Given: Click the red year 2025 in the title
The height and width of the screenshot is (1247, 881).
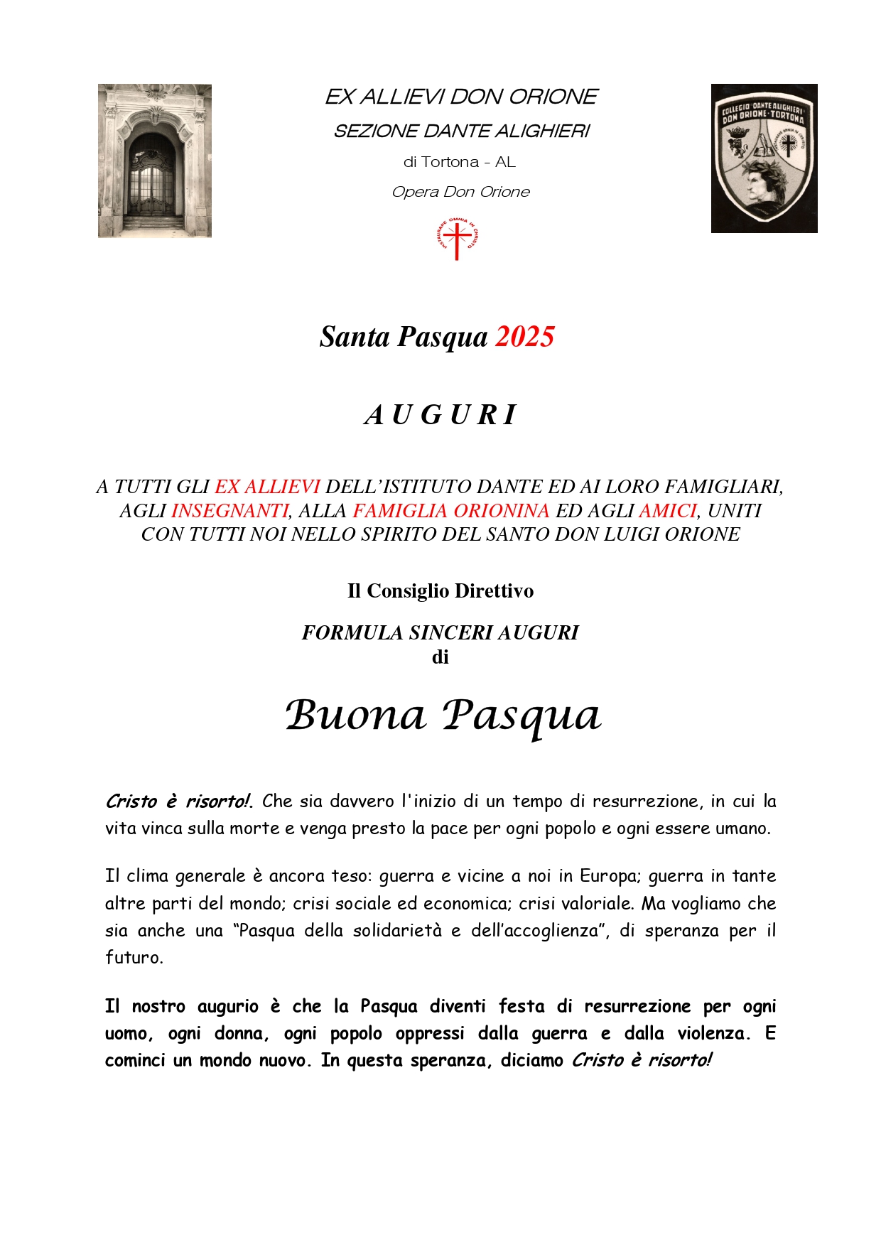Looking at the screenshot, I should pyautogui.click(x=524, y=336).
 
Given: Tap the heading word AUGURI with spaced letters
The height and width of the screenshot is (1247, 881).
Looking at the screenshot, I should pyautogui.click(x=440, y=415).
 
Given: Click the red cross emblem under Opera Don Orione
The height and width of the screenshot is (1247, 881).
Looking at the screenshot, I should pyautogui.click(x=458, y=240).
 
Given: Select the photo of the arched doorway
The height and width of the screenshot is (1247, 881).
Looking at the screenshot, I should pyautogui.click(x=155, y=161).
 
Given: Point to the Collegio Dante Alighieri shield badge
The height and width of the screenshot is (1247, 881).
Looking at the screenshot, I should pyautogui.click(x=764, y=158).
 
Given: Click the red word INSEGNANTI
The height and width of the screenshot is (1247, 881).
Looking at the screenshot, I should pyautogui.click(x=230, y=510).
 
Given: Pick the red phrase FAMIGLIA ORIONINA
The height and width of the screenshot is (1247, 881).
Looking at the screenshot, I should pyautogui.click(x=450, y=510).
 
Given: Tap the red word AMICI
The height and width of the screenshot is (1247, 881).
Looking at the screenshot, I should pyautogui.click(x=667, y=510).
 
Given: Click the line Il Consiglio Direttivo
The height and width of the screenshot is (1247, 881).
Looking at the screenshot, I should pyautogui.click(x=440, y=590).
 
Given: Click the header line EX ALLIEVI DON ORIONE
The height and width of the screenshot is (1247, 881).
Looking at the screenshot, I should pyautogui.click(x=461, y=97).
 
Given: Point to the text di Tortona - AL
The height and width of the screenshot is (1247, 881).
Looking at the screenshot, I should pyautogui.click(x=460, y=162).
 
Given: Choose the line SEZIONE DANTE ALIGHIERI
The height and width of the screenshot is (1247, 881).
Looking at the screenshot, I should pyautogui.click(x=462, y=131).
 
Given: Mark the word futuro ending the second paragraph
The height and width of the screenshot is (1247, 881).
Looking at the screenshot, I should pyautogui.click(x=134, y=957).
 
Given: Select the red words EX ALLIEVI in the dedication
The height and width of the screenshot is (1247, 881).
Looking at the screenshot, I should pyautogui.click(x=267, y=487).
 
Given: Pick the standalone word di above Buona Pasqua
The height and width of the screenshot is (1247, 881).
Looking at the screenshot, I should pyautogui.click(x=440, y=657).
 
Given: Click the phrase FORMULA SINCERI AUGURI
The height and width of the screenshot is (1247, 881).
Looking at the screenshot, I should pyautogui.click(x=440, y=632).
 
